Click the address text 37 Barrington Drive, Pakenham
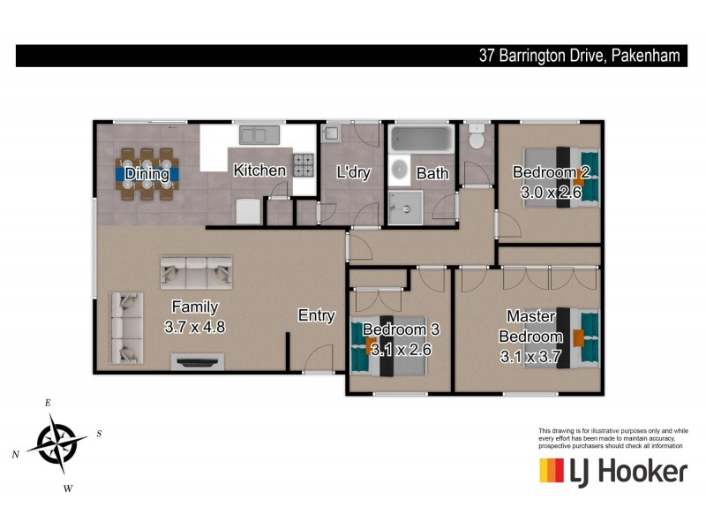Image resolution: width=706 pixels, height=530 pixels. pyautogui.click(x=579, y=56)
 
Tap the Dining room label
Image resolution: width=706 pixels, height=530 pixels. pyautogui.click(x=146, y=174)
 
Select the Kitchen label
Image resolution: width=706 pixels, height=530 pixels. pyautogui.click(x=259, y=170)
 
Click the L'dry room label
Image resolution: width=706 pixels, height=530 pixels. pyautogui.click(x=353, y=173)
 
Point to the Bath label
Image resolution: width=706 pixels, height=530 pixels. pyautogui.click(x=432, y=173)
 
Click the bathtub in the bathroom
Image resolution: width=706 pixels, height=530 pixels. pyautogui.click(x=422, y=139)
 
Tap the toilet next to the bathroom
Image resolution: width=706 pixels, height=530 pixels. pyautogui.click(x=477, y=140)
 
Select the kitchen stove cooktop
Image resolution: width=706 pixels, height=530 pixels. pyautogui.click(x=304, y=165)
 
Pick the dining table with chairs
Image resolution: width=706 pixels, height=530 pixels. pyautogui.click(x=147, y=174)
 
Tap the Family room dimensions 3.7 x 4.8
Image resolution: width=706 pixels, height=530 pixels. pyautogui.click(x=195, y=326)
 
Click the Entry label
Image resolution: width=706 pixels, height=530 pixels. pyautogui.click(x=316, y=315)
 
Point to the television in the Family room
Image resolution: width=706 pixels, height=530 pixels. pyautogui.click(x=197, y=360)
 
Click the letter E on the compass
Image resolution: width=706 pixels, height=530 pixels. pyautogui.click(x=48, y=403)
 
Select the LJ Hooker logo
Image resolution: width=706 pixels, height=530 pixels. pyautogui.click(x=612, y=471)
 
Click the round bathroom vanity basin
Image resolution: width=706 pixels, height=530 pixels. pyautogui.click(x=400, y=170)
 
